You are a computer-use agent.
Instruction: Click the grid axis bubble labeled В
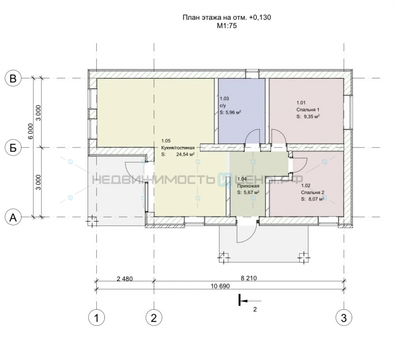click(x=13, y=79)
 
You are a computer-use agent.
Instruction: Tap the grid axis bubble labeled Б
click(x=13, y=148)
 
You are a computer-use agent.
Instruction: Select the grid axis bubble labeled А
click(x=13, y=217)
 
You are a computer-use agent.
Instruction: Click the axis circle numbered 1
click(x=96, y=318)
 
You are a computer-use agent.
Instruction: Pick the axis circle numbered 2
click(x=154, y=318)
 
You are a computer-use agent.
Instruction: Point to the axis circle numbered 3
click(x=344, y=318)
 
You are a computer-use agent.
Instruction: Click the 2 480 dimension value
click(x=125, y=279)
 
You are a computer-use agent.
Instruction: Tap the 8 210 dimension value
click(x=248, y=278)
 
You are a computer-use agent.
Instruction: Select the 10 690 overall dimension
click(x=220, y=286)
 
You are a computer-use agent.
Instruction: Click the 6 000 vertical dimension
click(x=30, y=131)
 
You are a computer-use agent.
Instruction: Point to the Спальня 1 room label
click(x=308, y=110)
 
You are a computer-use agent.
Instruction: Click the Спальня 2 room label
click(x=312, y=192)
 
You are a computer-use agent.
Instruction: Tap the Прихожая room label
click(x=248, y=186)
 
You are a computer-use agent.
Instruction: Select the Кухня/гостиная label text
click(x=178, y=148)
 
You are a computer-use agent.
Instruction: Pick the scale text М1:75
click(x=227, y=25)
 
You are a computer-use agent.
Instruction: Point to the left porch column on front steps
click(x=224, y=258)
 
